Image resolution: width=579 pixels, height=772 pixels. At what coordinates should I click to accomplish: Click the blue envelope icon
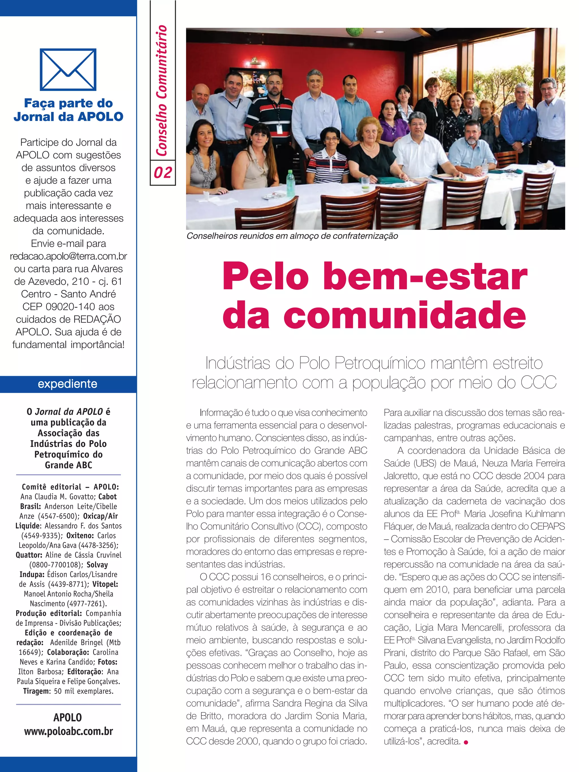pyautogui.click(x=68, y=70)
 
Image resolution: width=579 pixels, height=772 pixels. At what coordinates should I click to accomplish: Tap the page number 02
pyautogui.click(x=163, y=173)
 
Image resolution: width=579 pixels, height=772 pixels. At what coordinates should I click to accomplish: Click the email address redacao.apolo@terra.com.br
pyautogui.click(x=68, y=257)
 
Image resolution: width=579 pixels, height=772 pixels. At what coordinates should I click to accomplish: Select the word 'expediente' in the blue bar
pyautogui.click(x=68, y=384)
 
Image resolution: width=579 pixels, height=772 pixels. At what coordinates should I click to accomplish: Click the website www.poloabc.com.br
pyautogui.click(x=68, y=732)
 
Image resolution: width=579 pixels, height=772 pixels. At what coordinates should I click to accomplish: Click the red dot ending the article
pyautogui.click(x=466, y=742)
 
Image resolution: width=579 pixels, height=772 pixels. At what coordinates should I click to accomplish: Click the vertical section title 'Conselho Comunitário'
pyautogui.click(x=162, y=91)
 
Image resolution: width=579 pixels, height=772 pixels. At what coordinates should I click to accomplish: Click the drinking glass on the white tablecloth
pyautogui.click(x=365, y=184)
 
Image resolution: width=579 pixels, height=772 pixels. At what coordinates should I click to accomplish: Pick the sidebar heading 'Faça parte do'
pyautogui.click(x=68, y=103)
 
